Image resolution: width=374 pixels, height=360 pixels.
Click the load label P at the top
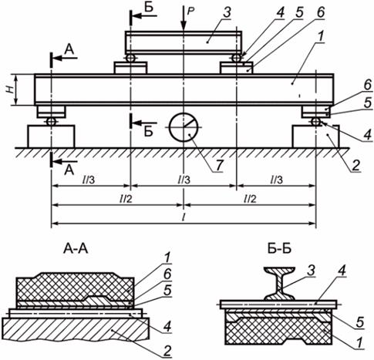click(190, 11)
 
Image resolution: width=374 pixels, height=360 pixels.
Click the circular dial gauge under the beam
click(184, 127)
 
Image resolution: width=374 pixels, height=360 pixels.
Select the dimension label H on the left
click(10, 89)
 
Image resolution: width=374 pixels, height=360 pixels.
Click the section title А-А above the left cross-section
click(76, 248)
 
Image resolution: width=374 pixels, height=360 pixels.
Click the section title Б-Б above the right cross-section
click(279, 248)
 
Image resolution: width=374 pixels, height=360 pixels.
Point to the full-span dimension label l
click(184, 217)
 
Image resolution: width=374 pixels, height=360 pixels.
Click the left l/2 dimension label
click(126, 199)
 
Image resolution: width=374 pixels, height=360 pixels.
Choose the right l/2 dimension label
click(250, 199)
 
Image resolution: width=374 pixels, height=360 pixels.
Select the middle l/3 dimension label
click(184, 180)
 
